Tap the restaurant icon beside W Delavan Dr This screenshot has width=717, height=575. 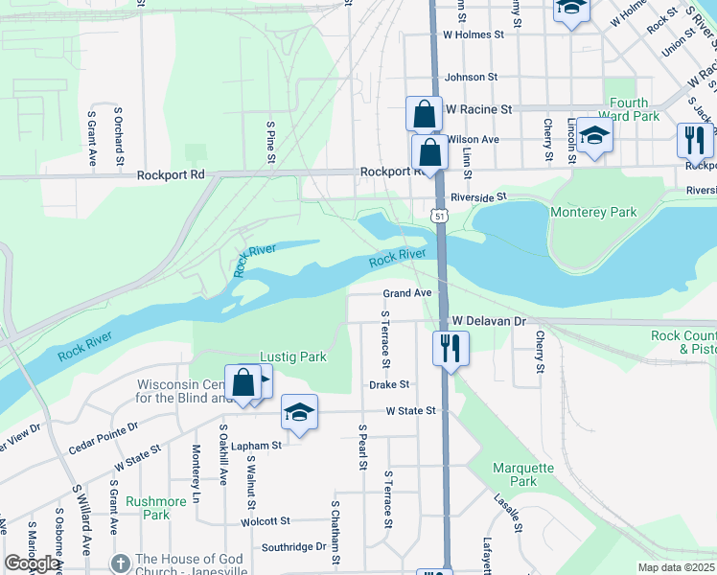coord(451,347)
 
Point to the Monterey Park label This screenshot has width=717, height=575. coord(593,212)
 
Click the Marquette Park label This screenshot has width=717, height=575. coord(522,474)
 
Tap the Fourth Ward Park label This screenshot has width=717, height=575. coord(629,109)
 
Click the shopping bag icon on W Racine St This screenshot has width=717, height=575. coord(424,115)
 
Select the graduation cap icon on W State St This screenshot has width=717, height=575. coord(299,413)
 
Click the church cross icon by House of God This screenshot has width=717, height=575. coord(120,563)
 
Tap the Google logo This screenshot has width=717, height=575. coord(32,563)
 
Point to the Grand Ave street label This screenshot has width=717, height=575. coord(408,293)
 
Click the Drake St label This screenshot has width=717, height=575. coord(389,384)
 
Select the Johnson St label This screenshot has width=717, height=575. coord(471,77)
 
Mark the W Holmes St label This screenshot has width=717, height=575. coord(473,34)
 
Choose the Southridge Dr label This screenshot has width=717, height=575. coord(293,547)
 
